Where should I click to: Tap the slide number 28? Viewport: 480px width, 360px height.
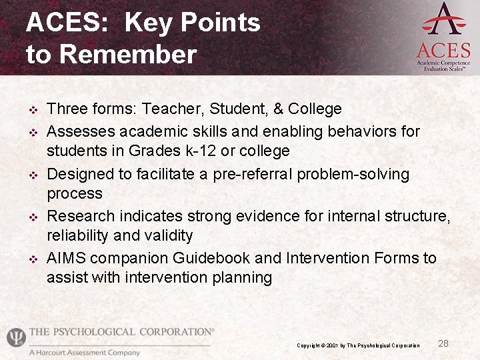(x=443, y=343)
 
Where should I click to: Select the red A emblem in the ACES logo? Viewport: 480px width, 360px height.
(x=443, y=19)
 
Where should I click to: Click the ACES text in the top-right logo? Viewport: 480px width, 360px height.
(x=443, y=50)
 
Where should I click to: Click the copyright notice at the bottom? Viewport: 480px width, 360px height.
(x=358, y=345)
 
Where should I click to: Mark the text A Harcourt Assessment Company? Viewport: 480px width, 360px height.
(x=85, y=353)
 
